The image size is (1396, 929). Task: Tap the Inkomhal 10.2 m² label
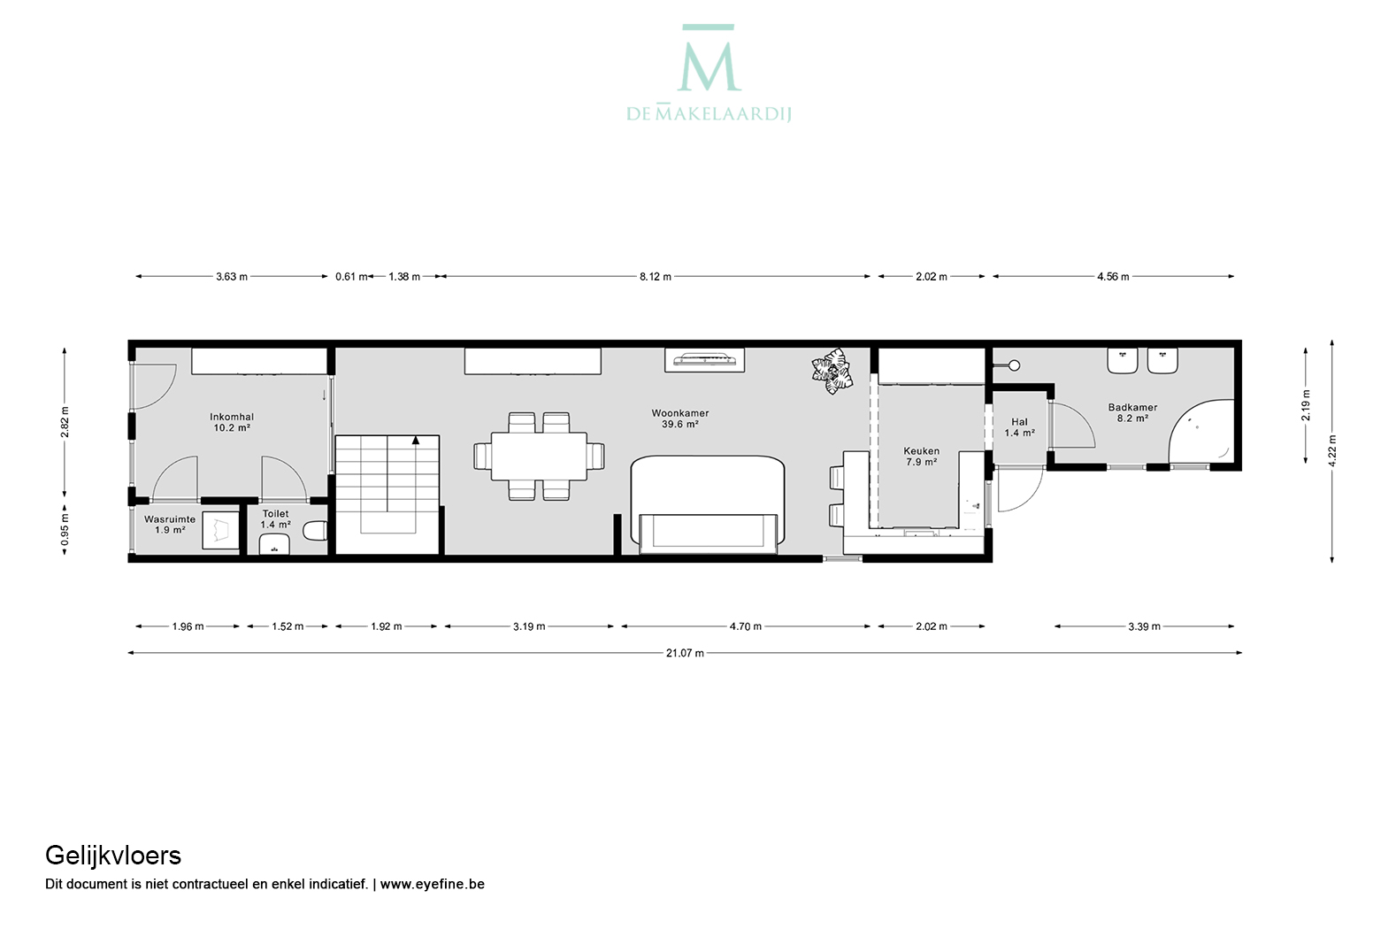pyautogui.click(x=231, y=422)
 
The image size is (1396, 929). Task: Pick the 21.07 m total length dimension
pyautogui.click(x=685, y=653)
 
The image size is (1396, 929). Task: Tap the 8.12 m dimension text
pyautogui.click(x=655, y=276)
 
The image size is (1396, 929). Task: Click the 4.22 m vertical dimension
pyautogui.click(x=1331, y=450)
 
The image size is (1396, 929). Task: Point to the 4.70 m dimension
pyautogui.click(x=746, y=626)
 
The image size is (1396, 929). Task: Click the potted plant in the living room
pyautogui.click(x=832, y=371)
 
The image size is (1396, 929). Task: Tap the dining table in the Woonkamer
pyautogui.click(x=539, y=456)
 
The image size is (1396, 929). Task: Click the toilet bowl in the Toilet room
pyautogui.click(x=315, y=531)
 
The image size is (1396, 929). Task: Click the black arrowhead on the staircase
pyautogui.click(x=416, y=441)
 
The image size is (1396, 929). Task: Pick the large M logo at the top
pyautogui.click(x=709, y=58)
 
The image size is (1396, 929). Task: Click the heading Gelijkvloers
pyautogui.click(x=113, y=856)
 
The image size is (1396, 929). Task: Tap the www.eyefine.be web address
pyautogui.click(x=432, y=884)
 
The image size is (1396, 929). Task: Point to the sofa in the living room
pyautogui.click(x=708, y=504)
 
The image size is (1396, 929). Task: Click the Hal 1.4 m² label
pyautogui.click(x=1020, y=427)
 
